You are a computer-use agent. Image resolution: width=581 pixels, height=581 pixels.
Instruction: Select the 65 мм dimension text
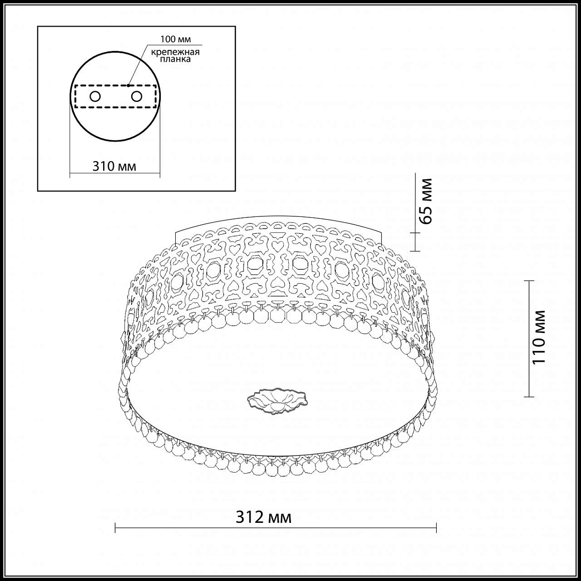(426, 201)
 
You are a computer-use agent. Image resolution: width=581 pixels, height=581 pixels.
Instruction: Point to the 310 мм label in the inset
(114, 166)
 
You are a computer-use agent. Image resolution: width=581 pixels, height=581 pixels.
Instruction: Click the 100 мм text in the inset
(175, 39)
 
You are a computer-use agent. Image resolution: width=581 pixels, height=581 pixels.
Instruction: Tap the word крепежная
(175, 52)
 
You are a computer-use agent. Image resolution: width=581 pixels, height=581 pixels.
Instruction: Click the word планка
(175, 59)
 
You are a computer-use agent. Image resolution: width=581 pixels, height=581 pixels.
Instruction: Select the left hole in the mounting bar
(95, 96)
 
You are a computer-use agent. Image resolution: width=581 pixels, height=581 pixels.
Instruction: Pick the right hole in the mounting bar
(137, 96)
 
